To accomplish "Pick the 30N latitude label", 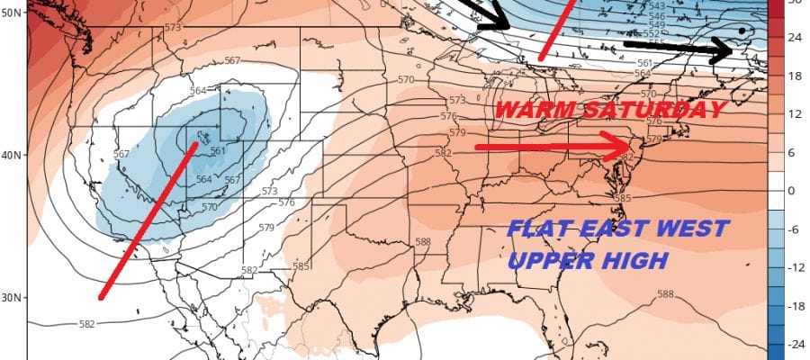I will (x=13, y=297).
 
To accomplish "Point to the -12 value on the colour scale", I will (x=796, y=267).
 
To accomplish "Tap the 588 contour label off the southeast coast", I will (x=666, y=294).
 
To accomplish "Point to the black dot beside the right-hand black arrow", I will (x=741, y=31).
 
